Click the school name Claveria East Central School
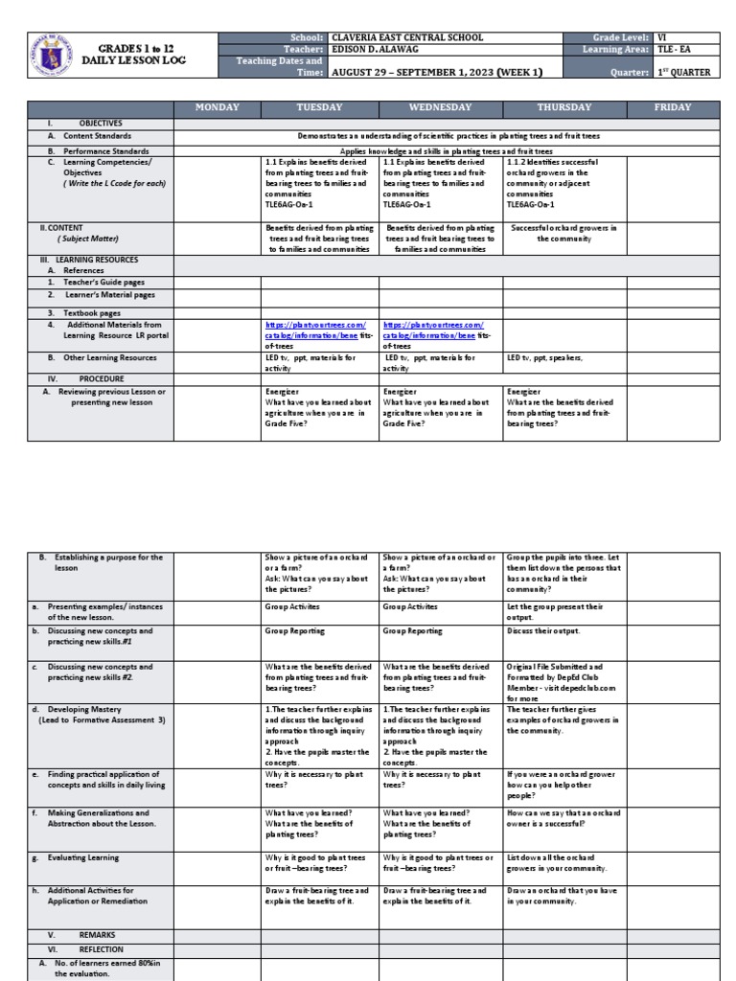(x=407, y=37)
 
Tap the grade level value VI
(x=662, y=37)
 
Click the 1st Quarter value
(x=682, y=72)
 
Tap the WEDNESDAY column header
(x=440, y=107)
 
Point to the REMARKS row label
(x=96, y=932)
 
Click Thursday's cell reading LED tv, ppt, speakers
(x=544, y=357)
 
